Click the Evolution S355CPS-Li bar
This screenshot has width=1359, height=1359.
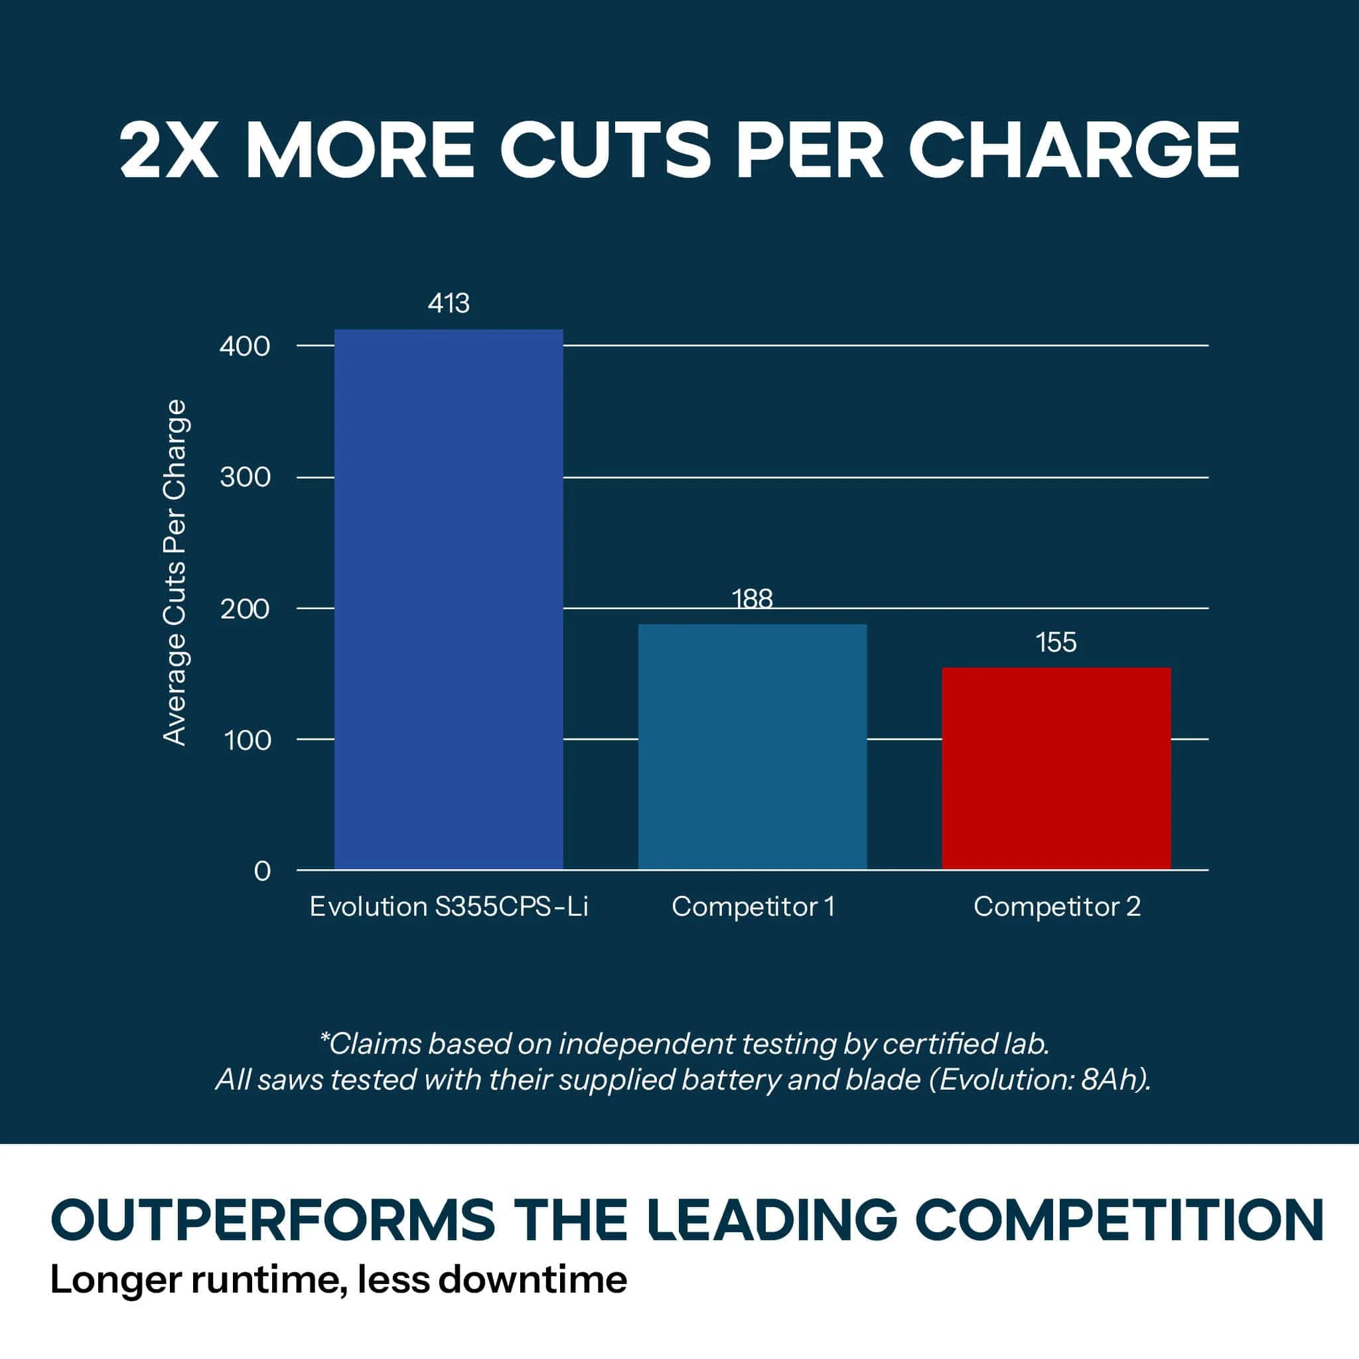[x=448, y=599]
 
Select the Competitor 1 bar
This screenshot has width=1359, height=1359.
[x=752, y=747]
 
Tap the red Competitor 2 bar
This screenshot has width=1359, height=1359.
[x=1056, y=769]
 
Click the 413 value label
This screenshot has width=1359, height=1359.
[x=449, y=303]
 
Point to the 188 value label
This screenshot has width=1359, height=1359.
[x=752, y=599]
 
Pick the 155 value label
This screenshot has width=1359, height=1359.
[x=1056, y=642]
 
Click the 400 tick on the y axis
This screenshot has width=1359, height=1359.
[x=245, y=346]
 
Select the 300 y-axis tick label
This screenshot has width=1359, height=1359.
[x=245, y=478]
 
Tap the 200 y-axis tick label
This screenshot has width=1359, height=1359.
[x=245, y=608]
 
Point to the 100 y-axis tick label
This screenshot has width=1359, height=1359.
[x=247, y=740]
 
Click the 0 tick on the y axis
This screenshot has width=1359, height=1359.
[x=261, y=871]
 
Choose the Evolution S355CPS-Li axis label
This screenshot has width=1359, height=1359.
[x=449, y=906]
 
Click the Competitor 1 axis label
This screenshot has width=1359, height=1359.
[x=752, y=906]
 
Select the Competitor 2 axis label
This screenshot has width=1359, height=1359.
[x=1056, y=906]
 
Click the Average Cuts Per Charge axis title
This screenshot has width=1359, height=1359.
[x=175, y=572]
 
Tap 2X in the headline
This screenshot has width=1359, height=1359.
[x=169, y=150]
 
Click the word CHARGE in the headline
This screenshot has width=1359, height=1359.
[x=1074, y=150]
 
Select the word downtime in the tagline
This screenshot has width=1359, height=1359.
[x=532, y=1279]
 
